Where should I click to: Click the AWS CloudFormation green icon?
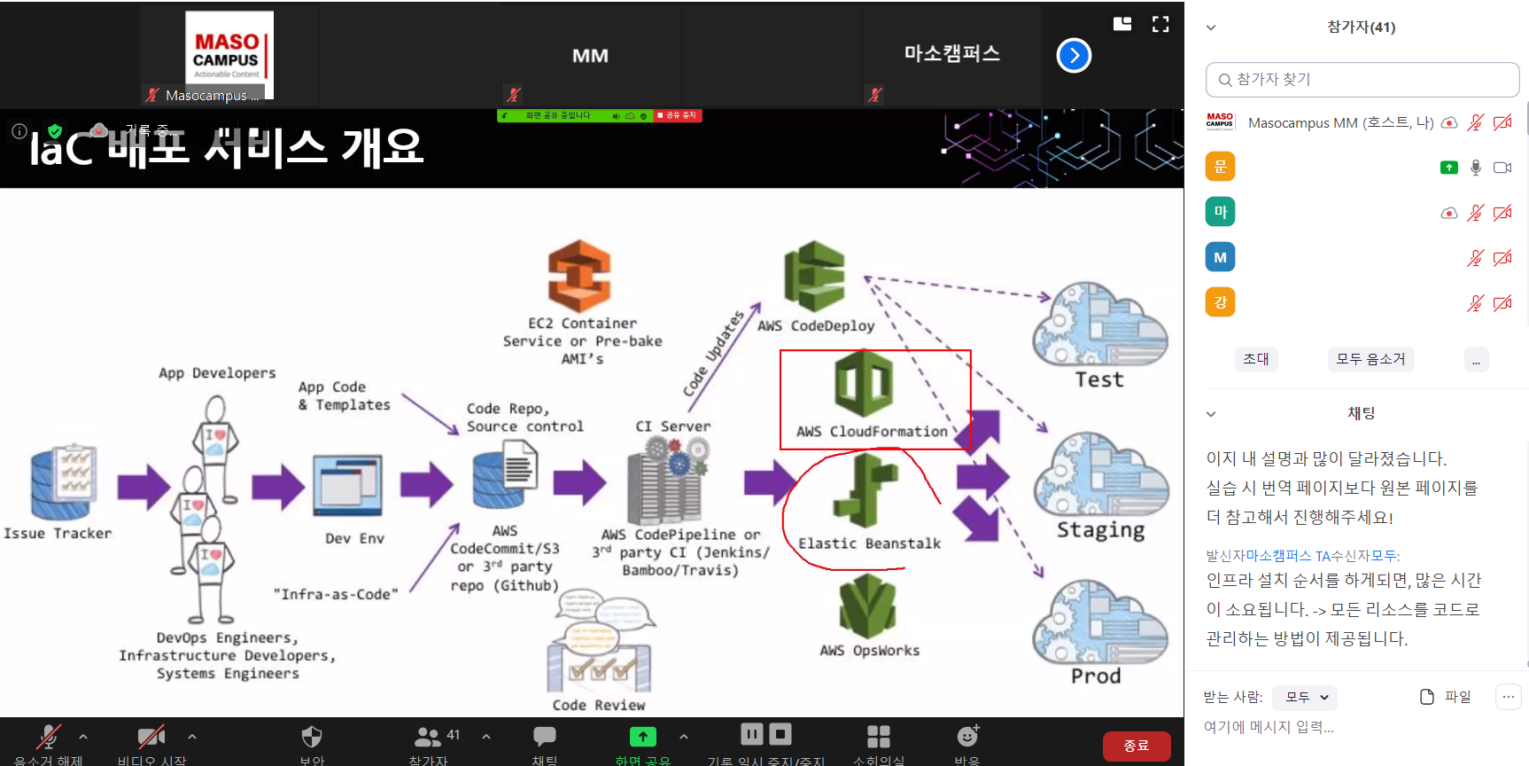click(864, 385)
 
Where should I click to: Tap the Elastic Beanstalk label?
click(869, 543)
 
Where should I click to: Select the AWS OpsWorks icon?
click(867, 606)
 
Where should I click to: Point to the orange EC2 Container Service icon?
click(579, 276)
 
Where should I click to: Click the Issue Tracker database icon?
click(63, 482)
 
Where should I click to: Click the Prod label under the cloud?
click(1096, 676)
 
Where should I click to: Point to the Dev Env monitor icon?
click(348, 486)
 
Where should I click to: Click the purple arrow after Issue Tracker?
click(143, 486)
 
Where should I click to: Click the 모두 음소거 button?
click(1370, 359)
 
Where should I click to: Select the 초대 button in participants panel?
click(1255, 359)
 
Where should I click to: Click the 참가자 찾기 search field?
click(1362, 80)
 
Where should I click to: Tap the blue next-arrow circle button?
click(1074, 56)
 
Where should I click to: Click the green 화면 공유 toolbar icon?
click(643, 737)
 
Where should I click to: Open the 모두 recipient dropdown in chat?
click(1305, 698)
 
